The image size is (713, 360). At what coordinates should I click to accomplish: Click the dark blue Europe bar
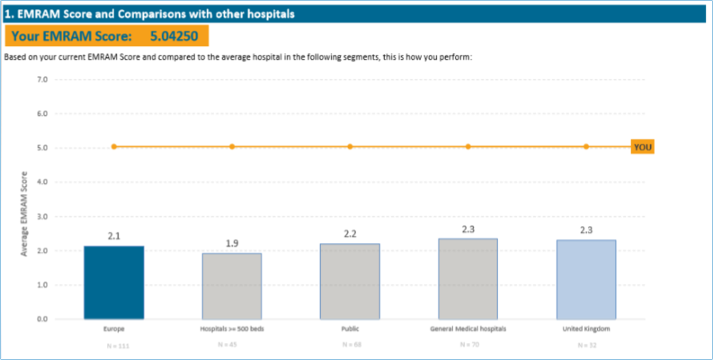[x=114, y=282]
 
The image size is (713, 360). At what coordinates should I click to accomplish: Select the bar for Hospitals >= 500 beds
[x=232, y=286]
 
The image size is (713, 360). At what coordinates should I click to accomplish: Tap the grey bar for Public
[x=350, y=281]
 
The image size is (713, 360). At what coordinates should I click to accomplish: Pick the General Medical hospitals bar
[x=468, y=279]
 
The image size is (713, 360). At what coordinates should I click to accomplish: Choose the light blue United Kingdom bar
[x=586, y=279]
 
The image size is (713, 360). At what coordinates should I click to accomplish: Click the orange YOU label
[x=642, y=148]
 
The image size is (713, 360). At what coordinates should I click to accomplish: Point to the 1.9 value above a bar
[x=232, y=243]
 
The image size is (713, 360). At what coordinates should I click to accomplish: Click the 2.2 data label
[x=350, y=234]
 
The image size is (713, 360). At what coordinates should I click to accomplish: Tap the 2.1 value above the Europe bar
[x=114, y=236]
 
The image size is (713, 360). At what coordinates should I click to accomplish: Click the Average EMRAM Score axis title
[x=24, y=214]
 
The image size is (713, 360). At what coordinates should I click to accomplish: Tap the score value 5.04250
[x=174, y=36]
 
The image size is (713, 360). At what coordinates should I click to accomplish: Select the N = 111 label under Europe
[x=114, y=346]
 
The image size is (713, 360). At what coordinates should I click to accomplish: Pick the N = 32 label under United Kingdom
[x=586, y=345]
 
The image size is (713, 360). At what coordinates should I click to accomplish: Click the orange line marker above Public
[x=350, y=147]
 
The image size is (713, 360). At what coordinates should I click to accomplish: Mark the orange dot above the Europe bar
[x=114, y=147]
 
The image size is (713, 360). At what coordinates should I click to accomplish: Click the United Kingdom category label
[x=586, y=329]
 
